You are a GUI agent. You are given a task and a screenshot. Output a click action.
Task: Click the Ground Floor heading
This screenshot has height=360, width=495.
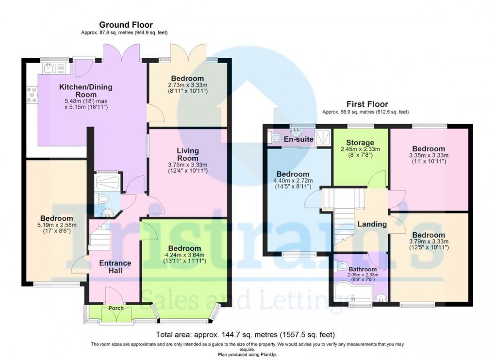click(x=126, y=25)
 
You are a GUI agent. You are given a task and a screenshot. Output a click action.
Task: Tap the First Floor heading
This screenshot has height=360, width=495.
click(x=367, y=104)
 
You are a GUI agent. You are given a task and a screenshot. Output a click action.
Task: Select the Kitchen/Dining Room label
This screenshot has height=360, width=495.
click(x=85, y=91)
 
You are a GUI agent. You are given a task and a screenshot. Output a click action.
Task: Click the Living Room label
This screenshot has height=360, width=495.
click(x=187, y=155)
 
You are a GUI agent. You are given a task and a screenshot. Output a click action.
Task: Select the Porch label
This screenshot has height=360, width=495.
click(x=115, y=309)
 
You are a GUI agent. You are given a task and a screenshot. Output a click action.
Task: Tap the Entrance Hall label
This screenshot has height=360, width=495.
click(x=115, y=266)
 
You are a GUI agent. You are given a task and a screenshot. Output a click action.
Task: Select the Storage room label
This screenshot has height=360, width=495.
click(x=360, y=143)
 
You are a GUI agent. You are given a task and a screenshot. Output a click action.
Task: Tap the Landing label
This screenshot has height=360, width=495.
click(x=372, y=224)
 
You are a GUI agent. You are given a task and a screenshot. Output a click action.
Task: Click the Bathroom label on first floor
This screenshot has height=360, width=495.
click(x=363, y=269)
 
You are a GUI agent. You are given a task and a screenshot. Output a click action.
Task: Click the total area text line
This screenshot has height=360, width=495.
click(x=245, y=335)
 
